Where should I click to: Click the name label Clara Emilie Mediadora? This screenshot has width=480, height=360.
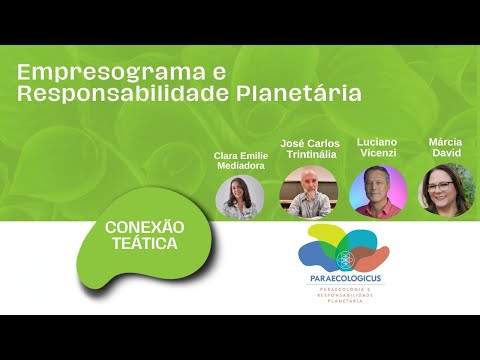coord(240,161)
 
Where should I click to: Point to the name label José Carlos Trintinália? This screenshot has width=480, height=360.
coord(310,149)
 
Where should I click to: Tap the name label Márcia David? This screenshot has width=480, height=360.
coord(445,149)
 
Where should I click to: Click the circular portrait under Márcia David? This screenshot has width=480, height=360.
coord(445,190)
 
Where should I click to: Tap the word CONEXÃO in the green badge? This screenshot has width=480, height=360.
coord(145,227)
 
